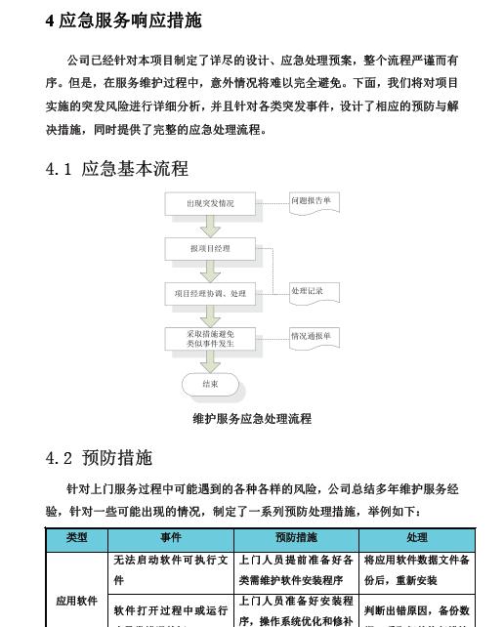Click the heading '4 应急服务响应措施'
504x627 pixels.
(124, 21)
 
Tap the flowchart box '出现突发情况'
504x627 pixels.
(211, 204)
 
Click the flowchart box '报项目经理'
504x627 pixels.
(211, 249)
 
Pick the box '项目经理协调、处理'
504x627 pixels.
(211, 293)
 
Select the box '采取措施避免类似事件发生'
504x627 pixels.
(211, 338)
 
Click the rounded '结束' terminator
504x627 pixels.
(211, 384)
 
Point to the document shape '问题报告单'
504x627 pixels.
(314, 202)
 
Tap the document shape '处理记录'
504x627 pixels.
(312, 292)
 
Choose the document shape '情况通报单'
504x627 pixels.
(314, 337)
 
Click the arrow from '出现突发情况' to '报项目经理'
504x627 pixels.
(211, 227)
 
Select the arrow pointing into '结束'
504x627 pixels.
(211, 361)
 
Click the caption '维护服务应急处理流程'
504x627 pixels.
(252, 418)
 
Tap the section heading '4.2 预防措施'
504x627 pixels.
(99, 458)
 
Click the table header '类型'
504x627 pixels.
(77, 538)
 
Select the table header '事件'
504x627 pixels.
(171, 538)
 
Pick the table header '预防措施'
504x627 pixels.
(297, 538)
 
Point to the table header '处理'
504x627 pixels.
(417, 538)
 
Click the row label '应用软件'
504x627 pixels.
(77, 600)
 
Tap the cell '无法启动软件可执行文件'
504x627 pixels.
(171, 569)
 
